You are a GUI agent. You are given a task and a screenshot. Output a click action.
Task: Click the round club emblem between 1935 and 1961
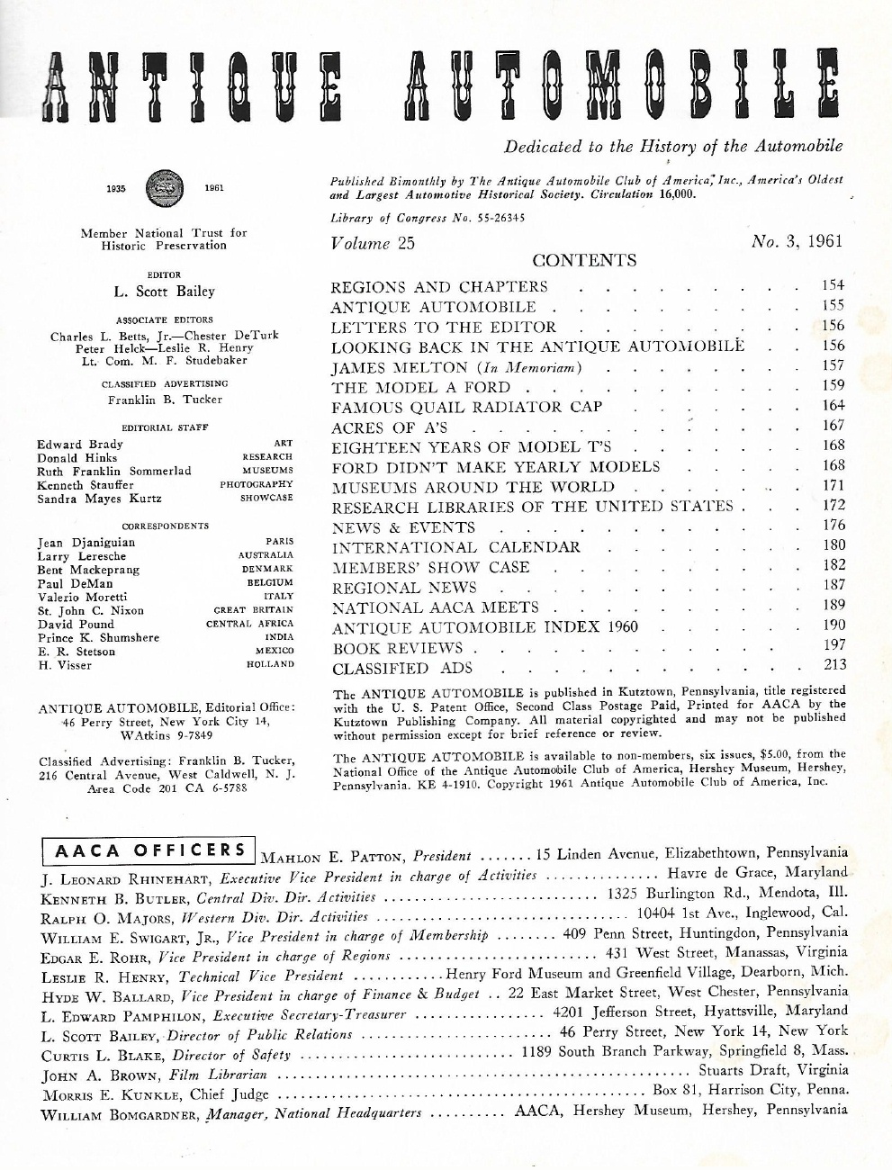coord(165,189)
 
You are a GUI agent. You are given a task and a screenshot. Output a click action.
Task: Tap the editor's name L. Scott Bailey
coord(162,291)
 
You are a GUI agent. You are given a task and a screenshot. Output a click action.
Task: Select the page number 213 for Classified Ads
coord(833,666)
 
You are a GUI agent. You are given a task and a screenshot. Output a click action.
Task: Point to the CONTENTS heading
coord(584,261)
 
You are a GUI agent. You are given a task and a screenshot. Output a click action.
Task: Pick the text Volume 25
coord(373,243)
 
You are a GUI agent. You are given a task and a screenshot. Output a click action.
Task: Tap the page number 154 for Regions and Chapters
coord(833,285)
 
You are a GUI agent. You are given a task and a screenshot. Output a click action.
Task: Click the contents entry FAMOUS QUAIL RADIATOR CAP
coord(466,408)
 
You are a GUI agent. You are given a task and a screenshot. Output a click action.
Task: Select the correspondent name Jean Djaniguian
coord(86,543)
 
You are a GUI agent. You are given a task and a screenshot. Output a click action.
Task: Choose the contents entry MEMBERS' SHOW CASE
coord(430,568)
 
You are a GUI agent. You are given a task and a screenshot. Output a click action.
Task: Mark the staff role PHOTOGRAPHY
coord(257,484)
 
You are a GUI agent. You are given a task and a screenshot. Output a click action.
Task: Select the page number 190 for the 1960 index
coord(833,625)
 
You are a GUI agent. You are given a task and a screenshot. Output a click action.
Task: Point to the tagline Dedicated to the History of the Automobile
coord(673,146)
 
